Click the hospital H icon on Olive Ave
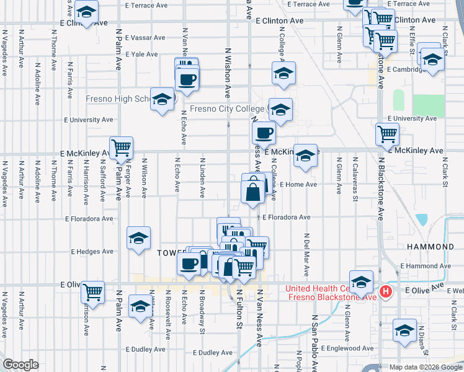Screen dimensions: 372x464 tap(386, 291)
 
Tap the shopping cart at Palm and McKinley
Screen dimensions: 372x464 tap(122, 148)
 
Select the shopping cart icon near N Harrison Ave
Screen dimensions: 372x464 tap(93, 291)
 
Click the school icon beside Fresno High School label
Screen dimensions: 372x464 tap(162, 100)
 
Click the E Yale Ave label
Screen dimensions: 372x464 tap(141, 54)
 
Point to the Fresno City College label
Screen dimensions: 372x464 tap(226, 109)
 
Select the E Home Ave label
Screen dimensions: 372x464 tap(298, 184)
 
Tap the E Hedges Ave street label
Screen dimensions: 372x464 tap(92, 252)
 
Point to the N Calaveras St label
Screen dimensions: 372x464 tap(355, 179)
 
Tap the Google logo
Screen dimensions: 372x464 tap(20, 365)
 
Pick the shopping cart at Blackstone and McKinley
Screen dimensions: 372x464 tap(387, 133)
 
